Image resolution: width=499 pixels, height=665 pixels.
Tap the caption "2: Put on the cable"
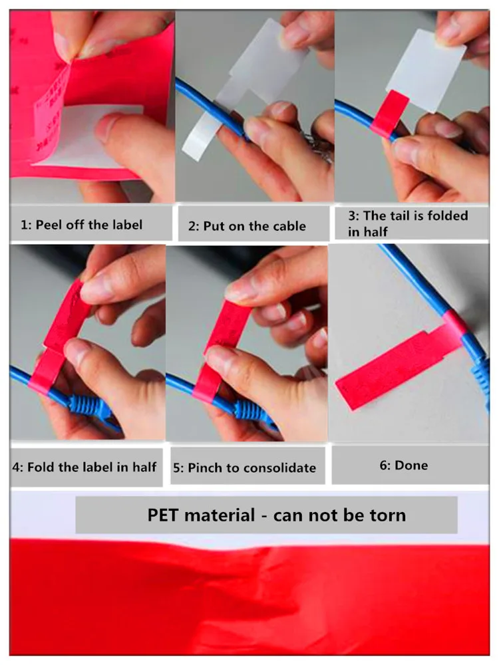tap(247, 226)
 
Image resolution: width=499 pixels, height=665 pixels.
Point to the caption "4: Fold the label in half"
tap(84, 466)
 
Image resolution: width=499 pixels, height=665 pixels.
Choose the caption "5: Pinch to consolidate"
tap(244, 467)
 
